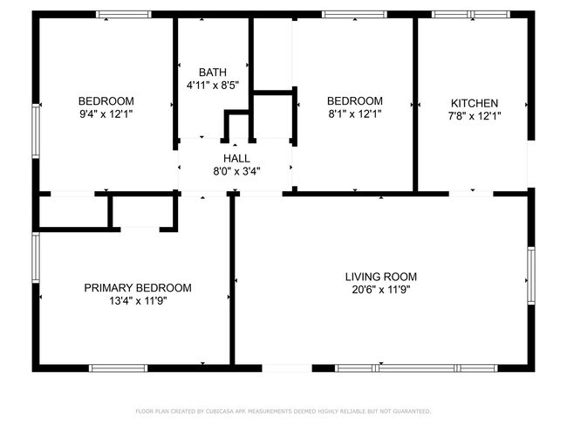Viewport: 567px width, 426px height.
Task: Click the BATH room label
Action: [x=213, y=72]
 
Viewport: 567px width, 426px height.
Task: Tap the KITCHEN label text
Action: [x=475, y=103]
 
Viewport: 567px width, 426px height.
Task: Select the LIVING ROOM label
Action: [x=381, y=277]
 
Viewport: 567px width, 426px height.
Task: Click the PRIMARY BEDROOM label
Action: [x=138, y=288]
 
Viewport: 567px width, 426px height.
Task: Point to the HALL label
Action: [x=236, y=158]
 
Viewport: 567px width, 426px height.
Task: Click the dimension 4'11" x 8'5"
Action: [x=213, y=86]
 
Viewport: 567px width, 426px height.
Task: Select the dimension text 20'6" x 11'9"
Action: [x=381, y=290]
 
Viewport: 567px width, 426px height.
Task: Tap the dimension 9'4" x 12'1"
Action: [x=106, y=114]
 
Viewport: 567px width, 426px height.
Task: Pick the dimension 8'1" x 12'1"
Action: [x=355, y=114]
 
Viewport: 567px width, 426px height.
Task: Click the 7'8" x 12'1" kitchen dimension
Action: [x=475, y=116]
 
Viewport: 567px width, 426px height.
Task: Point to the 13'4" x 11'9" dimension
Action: [x=138, y=301]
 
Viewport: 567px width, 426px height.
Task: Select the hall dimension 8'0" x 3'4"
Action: [x=236, y=171]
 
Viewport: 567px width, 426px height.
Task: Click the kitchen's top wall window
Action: [x=471, y=15]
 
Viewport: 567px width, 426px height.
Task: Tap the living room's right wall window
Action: [x=531, y=276]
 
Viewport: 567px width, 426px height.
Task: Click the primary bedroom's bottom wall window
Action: [x=119, y=368]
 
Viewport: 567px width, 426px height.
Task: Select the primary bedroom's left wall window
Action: [x=36, y=258]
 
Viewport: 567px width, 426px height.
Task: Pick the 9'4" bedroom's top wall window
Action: [x=124, y=15]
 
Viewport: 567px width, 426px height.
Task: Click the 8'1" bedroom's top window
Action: [x=354, y=15]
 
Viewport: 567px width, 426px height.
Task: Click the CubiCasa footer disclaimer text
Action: [x=283, y=411]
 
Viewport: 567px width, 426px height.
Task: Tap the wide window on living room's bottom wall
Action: [x=416, y=368]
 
